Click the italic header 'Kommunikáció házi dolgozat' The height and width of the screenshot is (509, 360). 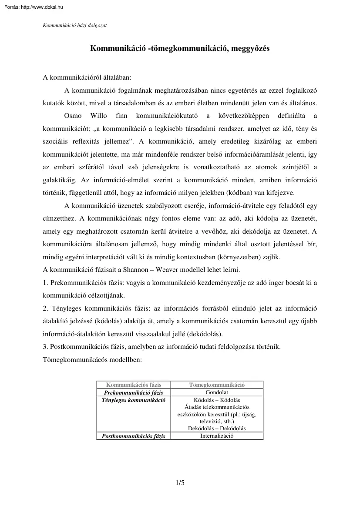coord(75,25)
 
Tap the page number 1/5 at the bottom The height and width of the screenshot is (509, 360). coord(180,482)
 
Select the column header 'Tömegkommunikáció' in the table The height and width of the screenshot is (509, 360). coord(217,385)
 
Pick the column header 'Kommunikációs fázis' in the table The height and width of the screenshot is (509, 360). coord(134,385)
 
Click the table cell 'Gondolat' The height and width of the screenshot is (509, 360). coord(217,392)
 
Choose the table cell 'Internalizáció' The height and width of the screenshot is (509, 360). coord(217,435)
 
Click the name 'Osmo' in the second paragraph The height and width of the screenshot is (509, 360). coord(73,116)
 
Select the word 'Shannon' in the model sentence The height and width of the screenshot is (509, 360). coord(137,270)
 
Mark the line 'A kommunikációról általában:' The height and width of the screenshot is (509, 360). coord(87,78)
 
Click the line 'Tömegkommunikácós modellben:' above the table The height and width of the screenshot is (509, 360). coord(92,360)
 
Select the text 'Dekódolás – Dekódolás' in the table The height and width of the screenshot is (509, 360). coord(217,428)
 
